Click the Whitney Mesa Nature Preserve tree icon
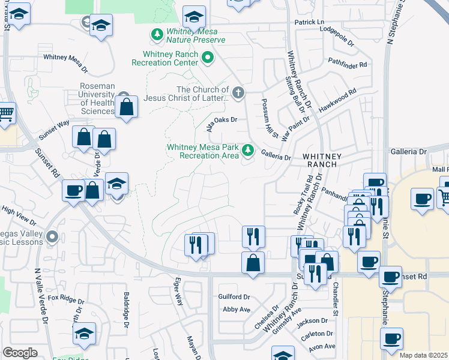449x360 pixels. [x=157, y=35]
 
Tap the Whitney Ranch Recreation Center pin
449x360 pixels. [x=208, y=58]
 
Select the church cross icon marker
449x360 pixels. [x=239, y=92]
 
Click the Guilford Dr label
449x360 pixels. [x=234, y=296]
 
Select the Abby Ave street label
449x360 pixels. [x=236, y=310]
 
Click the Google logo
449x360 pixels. [x=19, y=353]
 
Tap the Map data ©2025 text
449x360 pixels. [x=423, y=355]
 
